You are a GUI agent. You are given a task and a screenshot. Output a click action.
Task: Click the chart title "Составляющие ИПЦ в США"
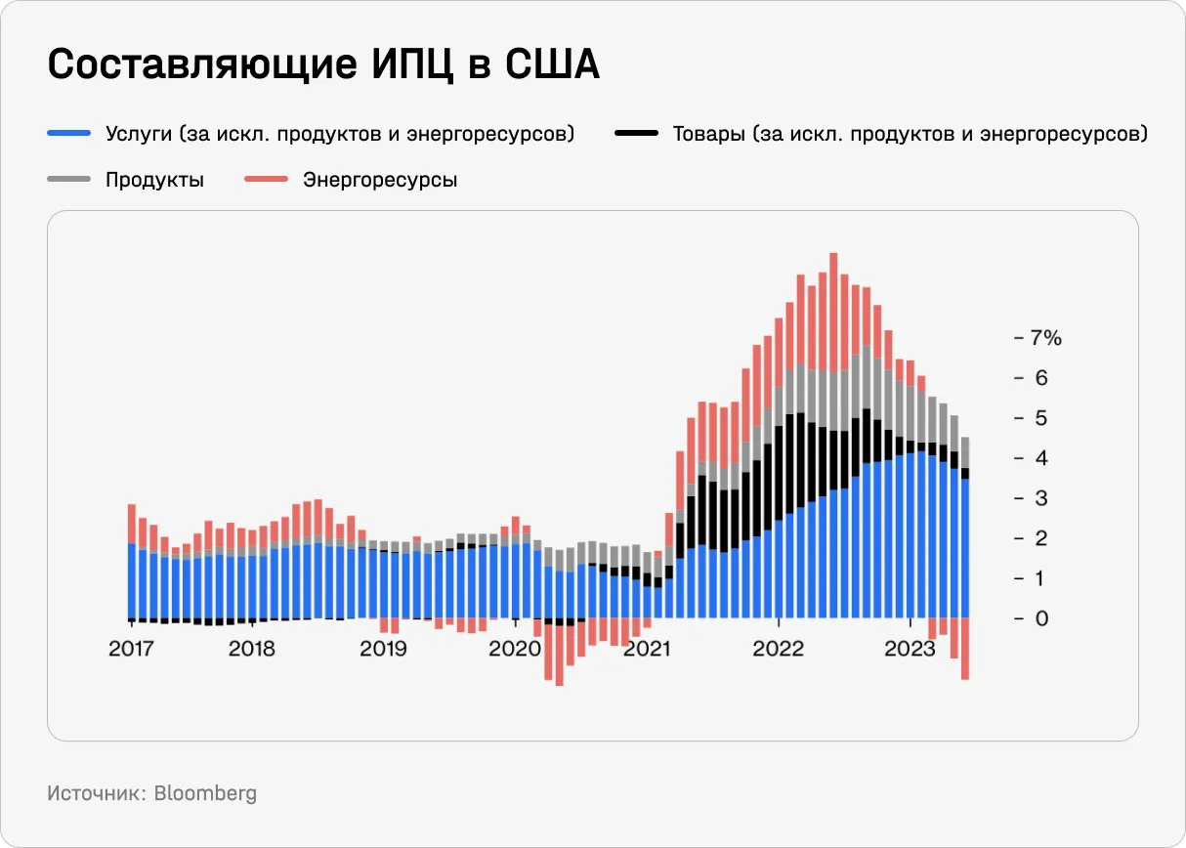pyautogui.click(x=323, y=65)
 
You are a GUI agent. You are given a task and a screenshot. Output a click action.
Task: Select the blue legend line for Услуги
pyautogui.click(x=68, y=134)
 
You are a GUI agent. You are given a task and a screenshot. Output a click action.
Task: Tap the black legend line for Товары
pyautogui.click(x=636, y=134)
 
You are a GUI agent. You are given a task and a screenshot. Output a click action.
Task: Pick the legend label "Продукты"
pyautogui.click(x=154, y=180)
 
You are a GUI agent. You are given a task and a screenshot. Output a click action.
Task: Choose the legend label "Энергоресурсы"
pyautogui.click(x=379, y=180)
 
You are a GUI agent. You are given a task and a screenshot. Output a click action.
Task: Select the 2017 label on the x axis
pyautogui.click(x=131, y=649)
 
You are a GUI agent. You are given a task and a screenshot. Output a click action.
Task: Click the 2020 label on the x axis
pyautogui.click(x=514, y=649)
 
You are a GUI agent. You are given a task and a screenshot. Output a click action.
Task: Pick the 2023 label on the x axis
pyautogui.click(x=910, y=649)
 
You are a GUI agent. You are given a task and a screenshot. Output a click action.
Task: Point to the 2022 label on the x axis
pyautogui.click(x=778, y=649)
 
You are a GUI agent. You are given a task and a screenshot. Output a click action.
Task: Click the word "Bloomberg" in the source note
pyautogui.click(x=205, y=793)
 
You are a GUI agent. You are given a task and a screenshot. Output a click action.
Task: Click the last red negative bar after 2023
pyautogui.click(x=965, y=648)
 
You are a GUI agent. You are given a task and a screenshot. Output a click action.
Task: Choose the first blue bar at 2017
pyautogui.click(x=131, y=581)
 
